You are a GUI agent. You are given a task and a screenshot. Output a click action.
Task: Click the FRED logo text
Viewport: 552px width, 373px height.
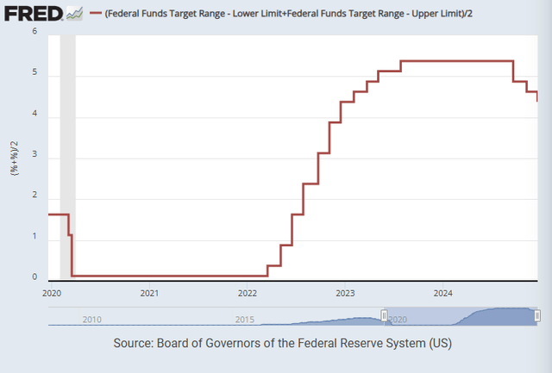point(33,13)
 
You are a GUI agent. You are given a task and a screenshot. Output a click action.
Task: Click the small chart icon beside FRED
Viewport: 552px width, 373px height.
point(76,13)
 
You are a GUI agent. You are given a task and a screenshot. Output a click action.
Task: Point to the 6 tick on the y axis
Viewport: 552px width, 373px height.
point(34,32)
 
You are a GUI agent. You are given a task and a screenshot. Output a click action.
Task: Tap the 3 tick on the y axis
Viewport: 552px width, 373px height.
point(34,155)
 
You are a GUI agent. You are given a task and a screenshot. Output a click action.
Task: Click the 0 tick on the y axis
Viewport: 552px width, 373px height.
point(34,277)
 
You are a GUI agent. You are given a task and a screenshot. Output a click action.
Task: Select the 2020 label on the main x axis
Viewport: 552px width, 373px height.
point(52,293)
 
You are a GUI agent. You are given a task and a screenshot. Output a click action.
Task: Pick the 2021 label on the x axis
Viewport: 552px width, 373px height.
point(149,293)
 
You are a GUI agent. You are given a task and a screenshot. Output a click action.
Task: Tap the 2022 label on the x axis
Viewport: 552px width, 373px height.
point(247,293)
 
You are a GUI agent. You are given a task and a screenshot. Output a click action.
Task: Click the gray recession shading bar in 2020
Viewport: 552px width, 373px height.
point(67,155)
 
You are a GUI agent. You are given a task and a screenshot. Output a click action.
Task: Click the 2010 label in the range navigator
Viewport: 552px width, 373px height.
point(92,319)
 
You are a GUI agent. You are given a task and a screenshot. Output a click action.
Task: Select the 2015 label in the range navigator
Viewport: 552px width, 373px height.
point(245,319)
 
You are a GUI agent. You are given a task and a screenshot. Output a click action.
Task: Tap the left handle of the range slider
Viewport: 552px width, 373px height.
point(385,316)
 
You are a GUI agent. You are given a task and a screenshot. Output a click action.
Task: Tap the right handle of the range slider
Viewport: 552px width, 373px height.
point(537,316)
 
